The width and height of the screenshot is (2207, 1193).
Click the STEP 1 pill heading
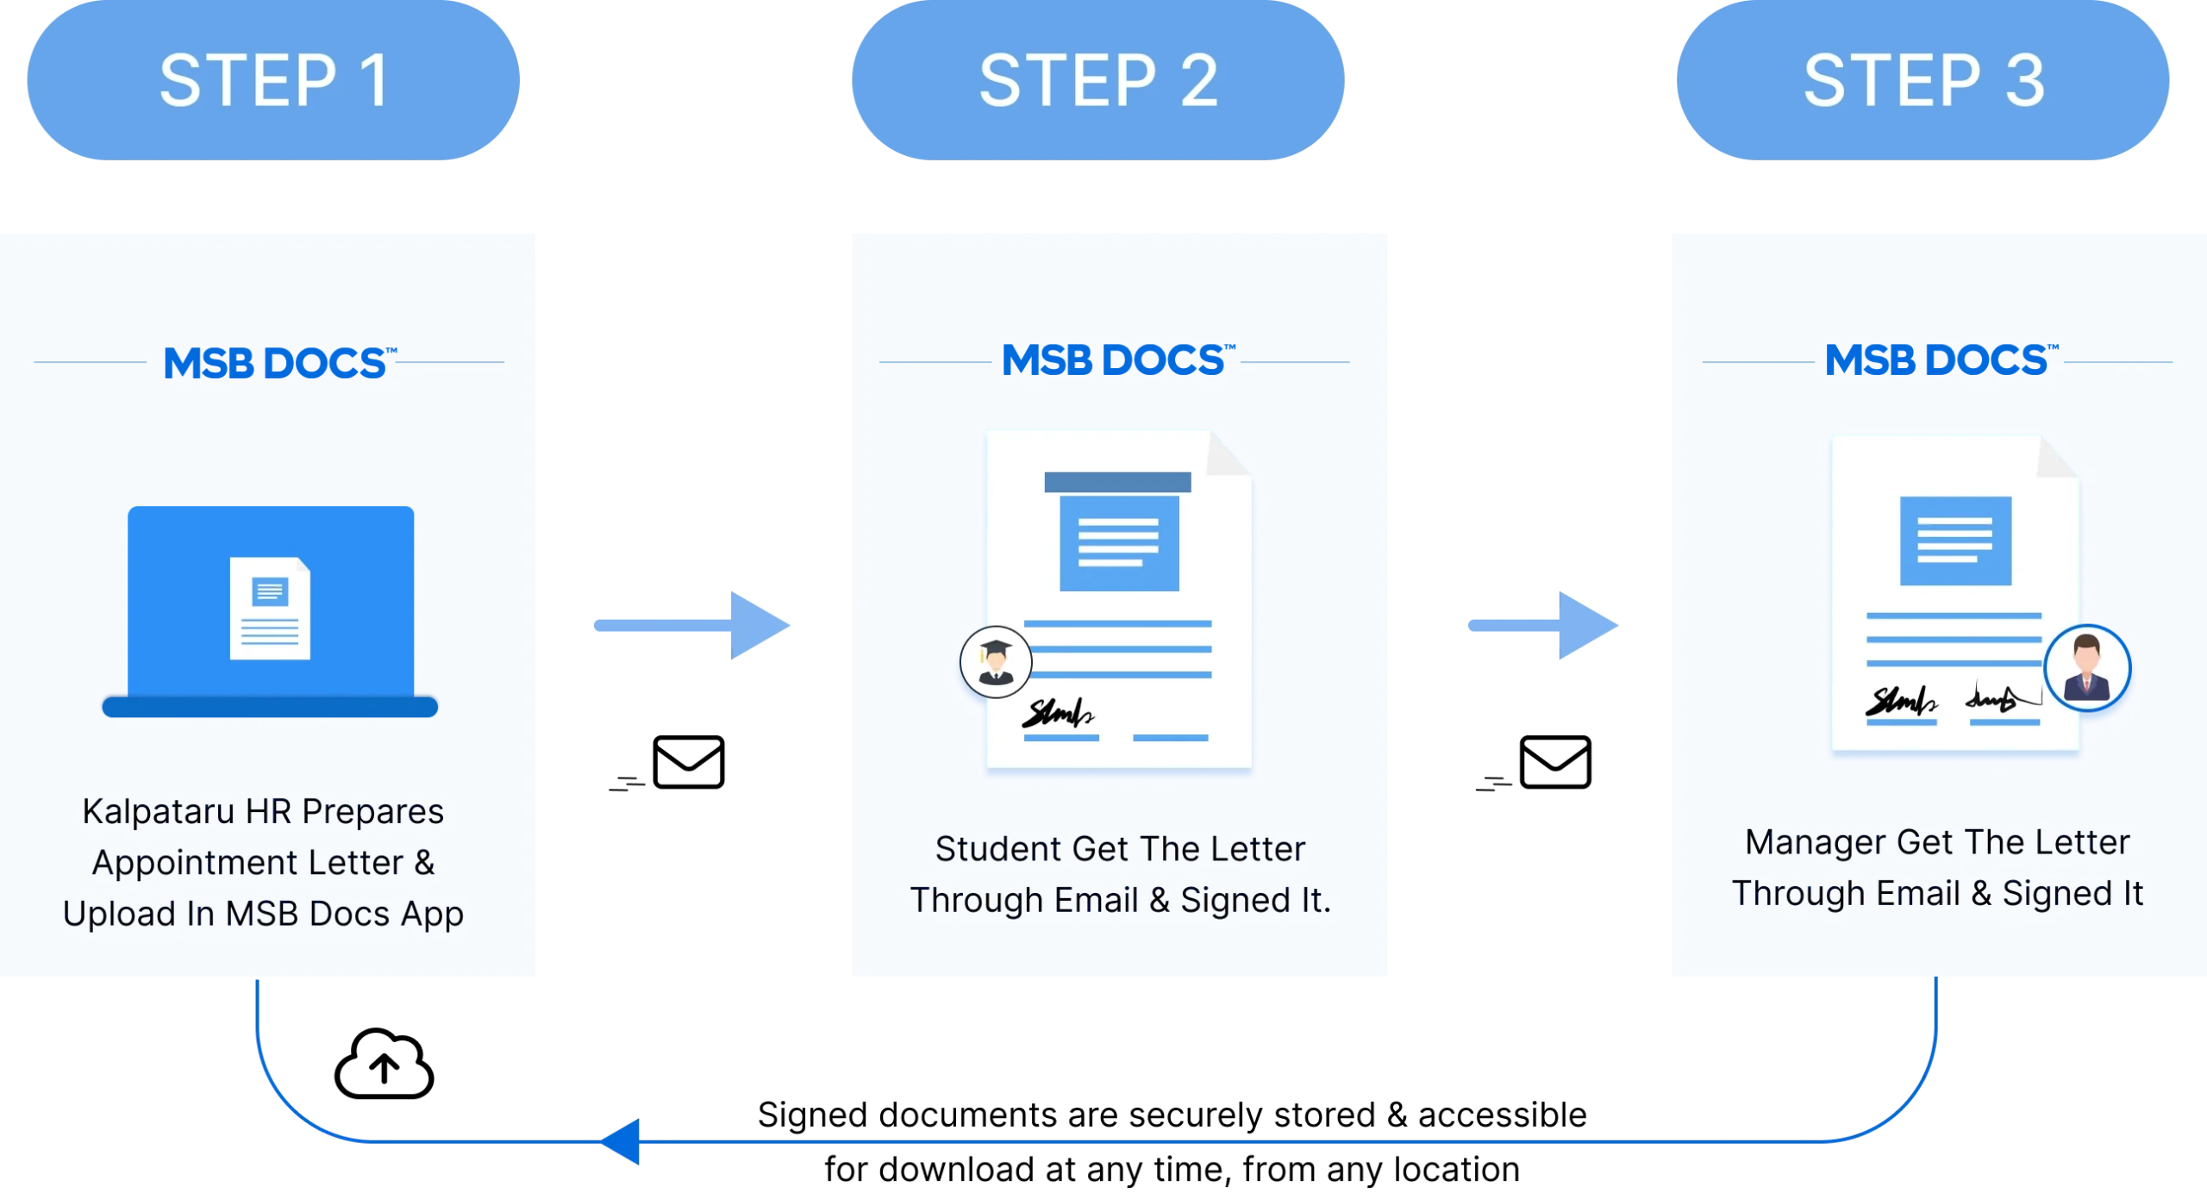click(274, 80)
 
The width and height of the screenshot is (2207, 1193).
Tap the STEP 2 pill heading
click(1097, 80)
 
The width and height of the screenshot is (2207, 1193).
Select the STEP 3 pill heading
click(1923, 80)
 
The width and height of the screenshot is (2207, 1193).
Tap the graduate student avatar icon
click(996, 662)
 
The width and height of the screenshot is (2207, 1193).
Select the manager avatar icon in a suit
click(2086, 668)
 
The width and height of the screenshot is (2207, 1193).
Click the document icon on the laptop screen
click(270, 609)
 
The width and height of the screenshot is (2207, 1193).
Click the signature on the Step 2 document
click(1057, 713)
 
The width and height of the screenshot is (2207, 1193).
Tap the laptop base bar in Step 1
click(270, 706)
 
